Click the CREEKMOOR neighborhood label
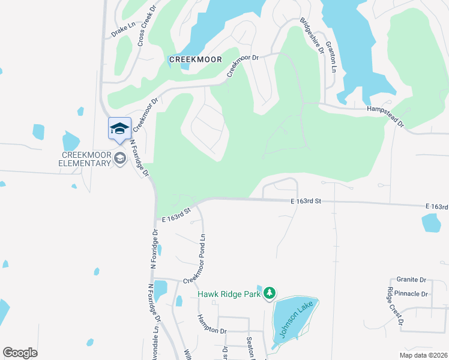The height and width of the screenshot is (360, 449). (196, 59)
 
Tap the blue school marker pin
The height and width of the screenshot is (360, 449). (119, 128)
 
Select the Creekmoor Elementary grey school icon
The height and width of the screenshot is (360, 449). (120, 158)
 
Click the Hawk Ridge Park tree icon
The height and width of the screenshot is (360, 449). (270, 293)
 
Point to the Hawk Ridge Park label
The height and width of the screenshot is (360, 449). (231, 294)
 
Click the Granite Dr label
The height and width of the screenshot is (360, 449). (411, 280)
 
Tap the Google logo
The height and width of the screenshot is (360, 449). (20, 353)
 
